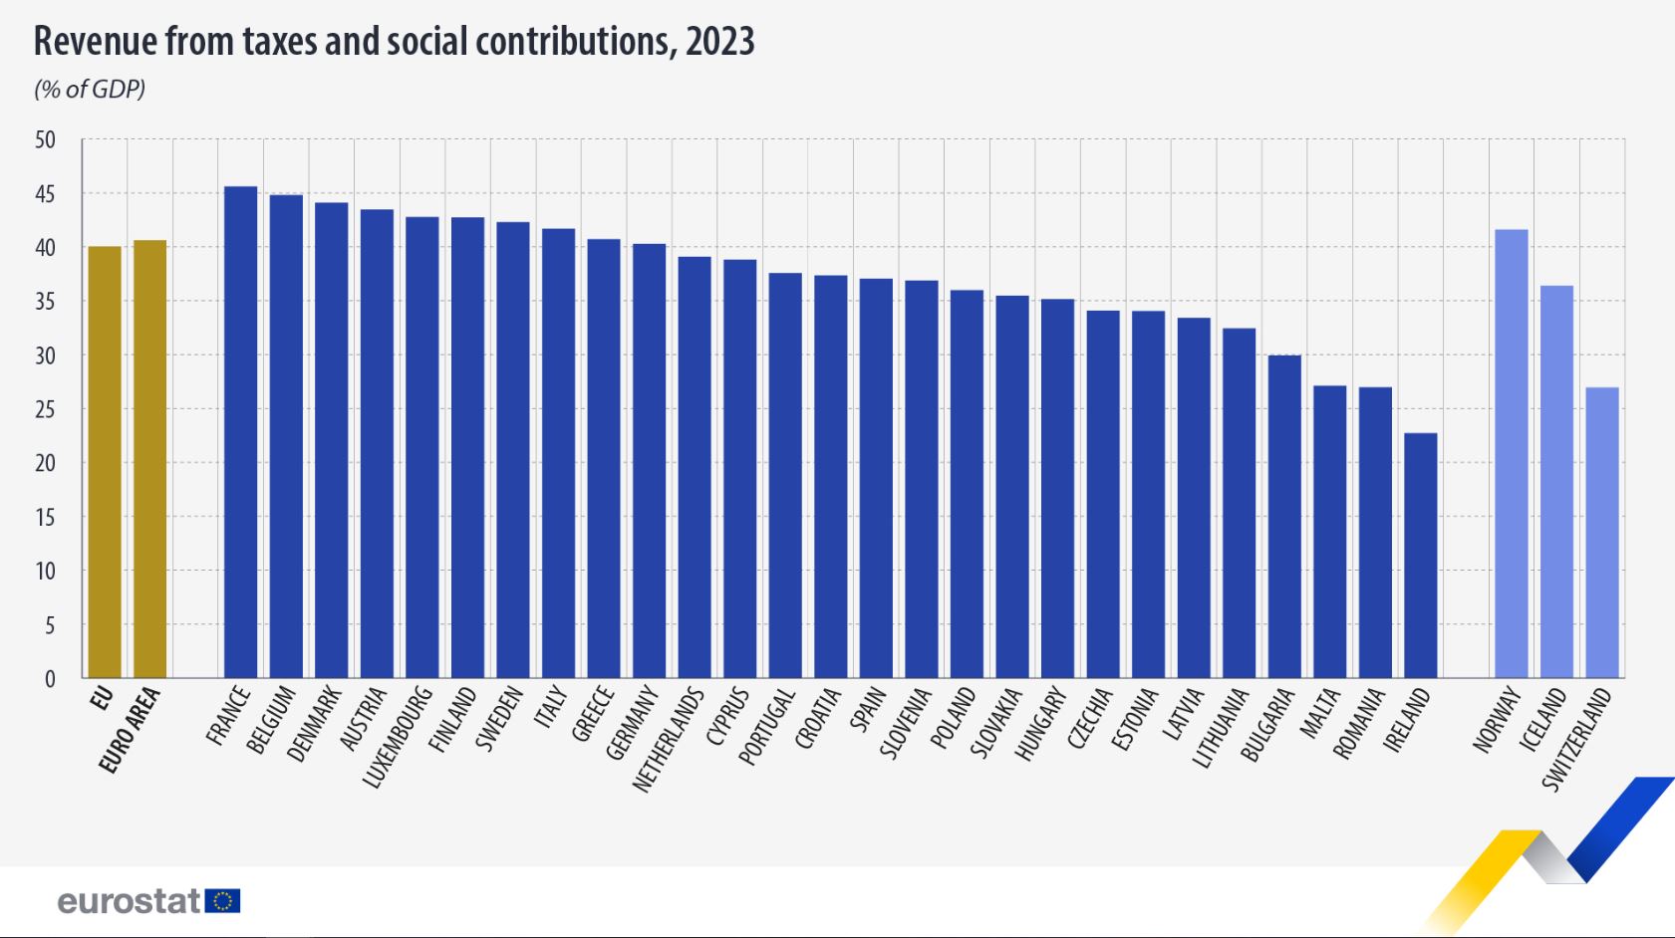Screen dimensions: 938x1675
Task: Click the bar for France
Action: pos(240,432)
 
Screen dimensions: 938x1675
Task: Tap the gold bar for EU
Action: pos(105,462)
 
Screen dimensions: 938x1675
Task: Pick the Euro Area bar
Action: pos(149,459)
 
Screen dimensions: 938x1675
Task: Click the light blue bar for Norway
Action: pos(1512,454)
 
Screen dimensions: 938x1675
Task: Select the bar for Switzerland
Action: pos(1602,533)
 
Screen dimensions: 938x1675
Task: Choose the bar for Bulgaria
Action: pos(1284,517)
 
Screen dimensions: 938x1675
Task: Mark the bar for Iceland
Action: pos(1556,482)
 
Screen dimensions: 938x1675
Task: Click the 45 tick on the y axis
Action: pos(45,193)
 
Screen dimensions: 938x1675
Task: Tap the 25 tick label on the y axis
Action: pos(45,409)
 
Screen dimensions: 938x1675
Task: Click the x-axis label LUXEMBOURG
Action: pos(397,738)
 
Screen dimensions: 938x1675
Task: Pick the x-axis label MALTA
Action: pos(1323,714)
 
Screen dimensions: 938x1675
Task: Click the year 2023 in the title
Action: pos(719,42)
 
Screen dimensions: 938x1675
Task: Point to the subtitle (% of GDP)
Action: pos(90,90)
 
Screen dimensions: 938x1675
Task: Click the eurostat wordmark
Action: pos(130,901)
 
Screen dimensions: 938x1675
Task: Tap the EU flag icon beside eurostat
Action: pos(223,901)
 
